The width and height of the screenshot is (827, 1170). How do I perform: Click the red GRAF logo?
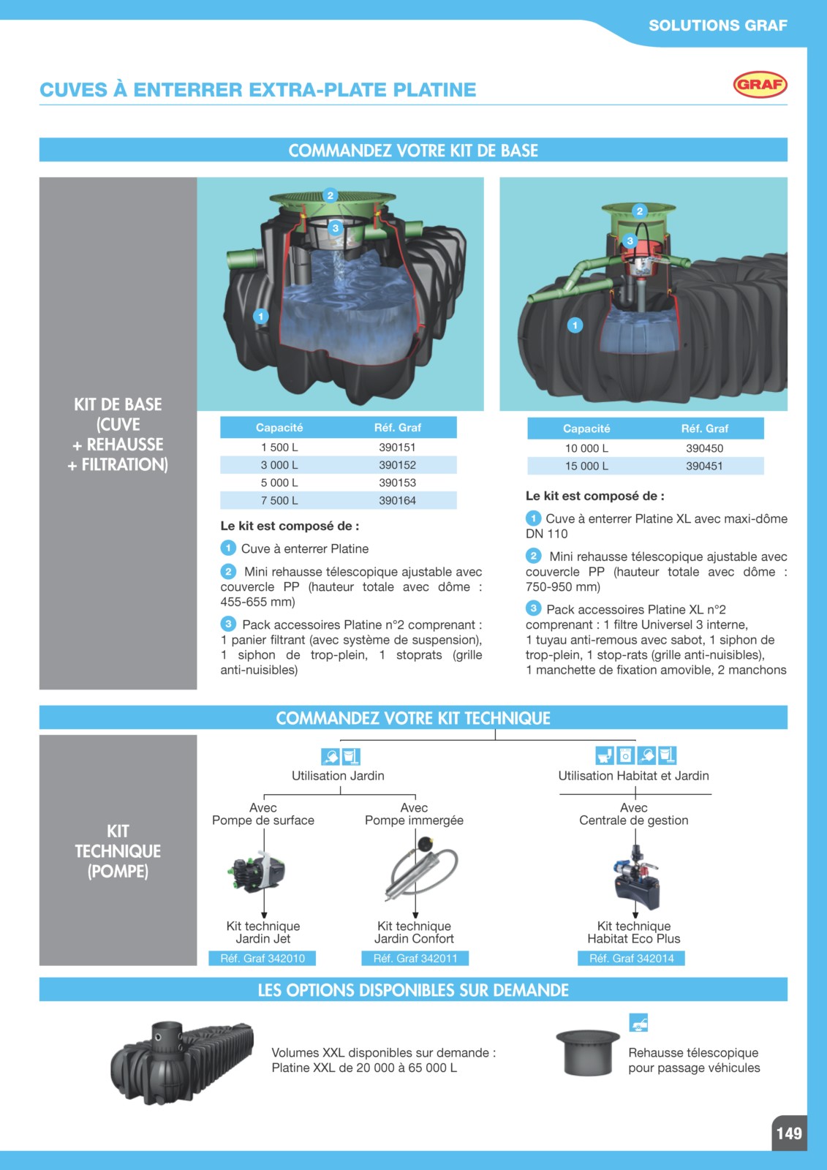coord(760,85)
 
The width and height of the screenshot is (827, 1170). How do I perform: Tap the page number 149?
coord(789,1133)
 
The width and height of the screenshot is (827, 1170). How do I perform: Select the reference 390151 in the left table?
coord(397,447)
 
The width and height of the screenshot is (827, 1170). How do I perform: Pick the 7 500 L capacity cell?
coord(279,500)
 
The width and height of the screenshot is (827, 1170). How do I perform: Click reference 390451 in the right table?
coord(704,466)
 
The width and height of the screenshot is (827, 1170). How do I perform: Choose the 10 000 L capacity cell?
coord(586,448)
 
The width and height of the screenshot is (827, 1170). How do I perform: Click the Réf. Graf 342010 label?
coord(263,958)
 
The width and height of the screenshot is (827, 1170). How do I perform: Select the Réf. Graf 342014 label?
coord(631,958)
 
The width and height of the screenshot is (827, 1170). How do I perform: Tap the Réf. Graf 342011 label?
coord(415,958)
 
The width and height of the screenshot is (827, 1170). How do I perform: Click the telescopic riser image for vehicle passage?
coord(588,1052)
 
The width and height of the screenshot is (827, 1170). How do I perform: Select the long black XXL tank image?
coord(182,1061)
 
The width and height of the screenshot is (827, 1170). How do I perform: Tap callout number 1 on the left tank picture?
coord(261,316)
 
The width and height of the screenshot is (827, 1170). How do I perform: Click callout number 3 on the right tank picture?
coord(630,241)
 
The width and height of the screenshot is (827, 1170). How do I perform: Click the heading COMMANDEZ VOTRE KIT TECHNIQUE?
coord(412,717)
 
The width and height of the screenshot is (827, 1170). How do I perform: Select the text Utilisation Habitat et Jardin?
coord(633,775)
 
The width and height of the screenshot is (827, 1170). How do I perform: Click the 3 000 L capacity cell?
coord(279,465)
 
